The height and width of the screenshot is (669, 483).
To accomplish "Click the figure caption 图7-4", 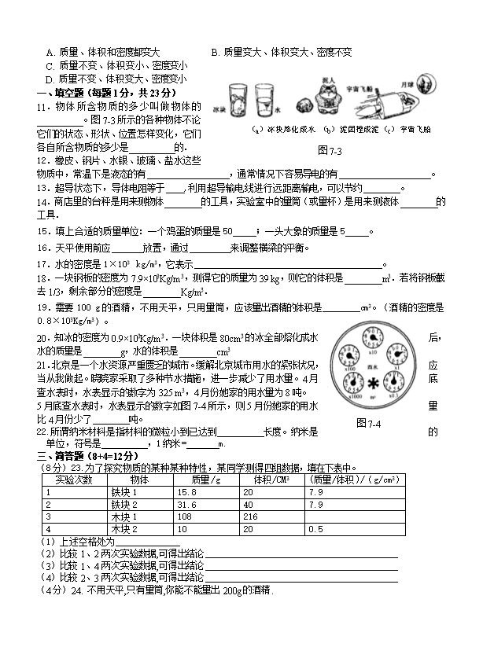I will (x=368, y=424).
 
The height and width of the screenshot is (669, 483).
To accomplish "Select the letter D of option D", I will (x=49, y=79).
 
